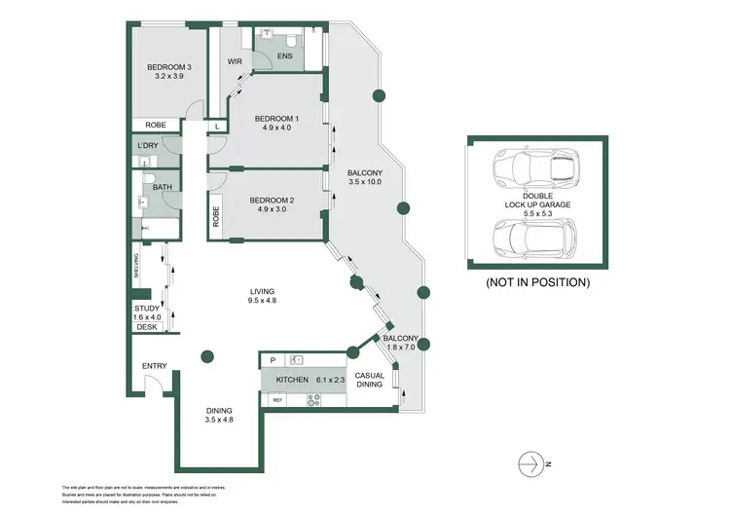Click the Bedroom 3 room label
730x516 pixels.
[x=166, y=67]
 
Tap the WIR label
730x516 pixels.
[x=235, y=61]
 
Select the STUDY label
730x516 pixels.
[x=147, y=308]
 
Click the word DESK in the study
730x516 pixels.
[x=146, y=327]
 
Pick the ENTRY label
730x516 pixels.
[x=155, y=366]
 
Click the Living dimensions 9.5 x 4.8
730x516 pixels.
[x=263, y=302]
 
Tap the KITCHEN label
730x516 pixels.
[x=292, y=379]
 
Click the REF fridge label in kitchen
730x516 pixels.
[x=277, y=400]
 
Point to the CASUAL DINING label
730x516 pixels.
[x=370, y=381]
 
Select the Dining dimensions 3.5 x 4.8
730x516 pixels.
[x=218, y=421]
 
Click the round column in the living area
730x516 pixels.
[x=206, y=356]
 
